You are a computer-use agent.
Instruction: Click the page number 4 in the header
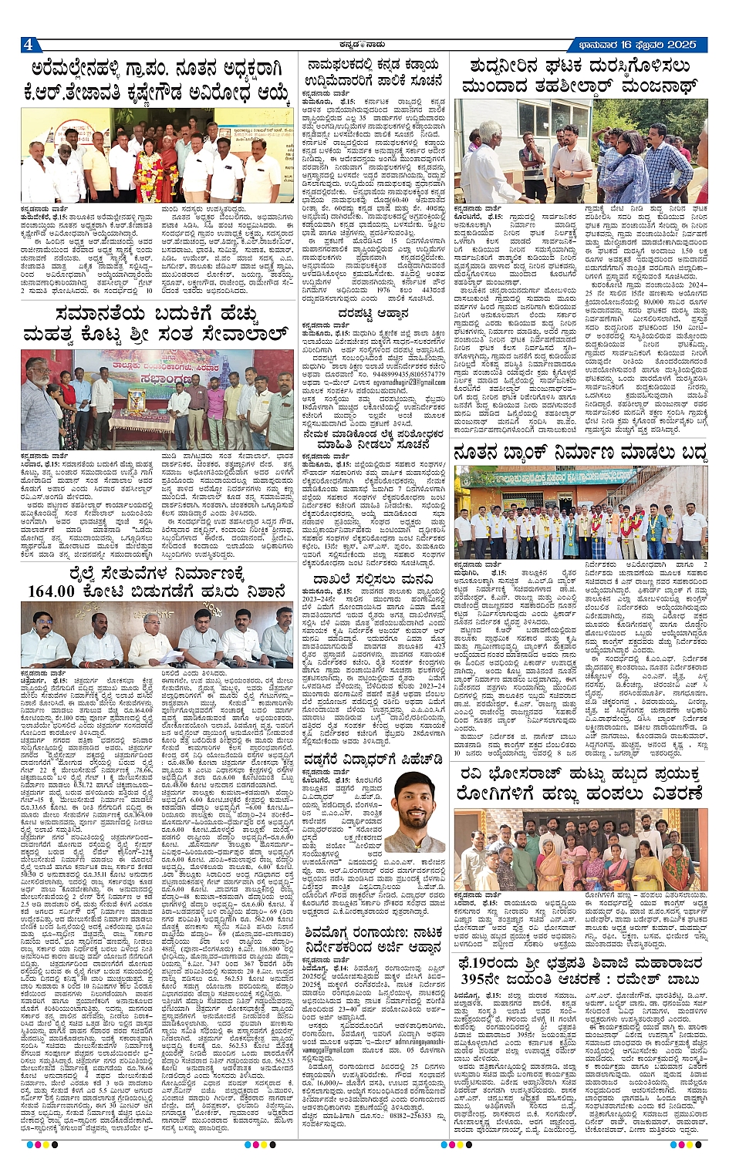[28, 43]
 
